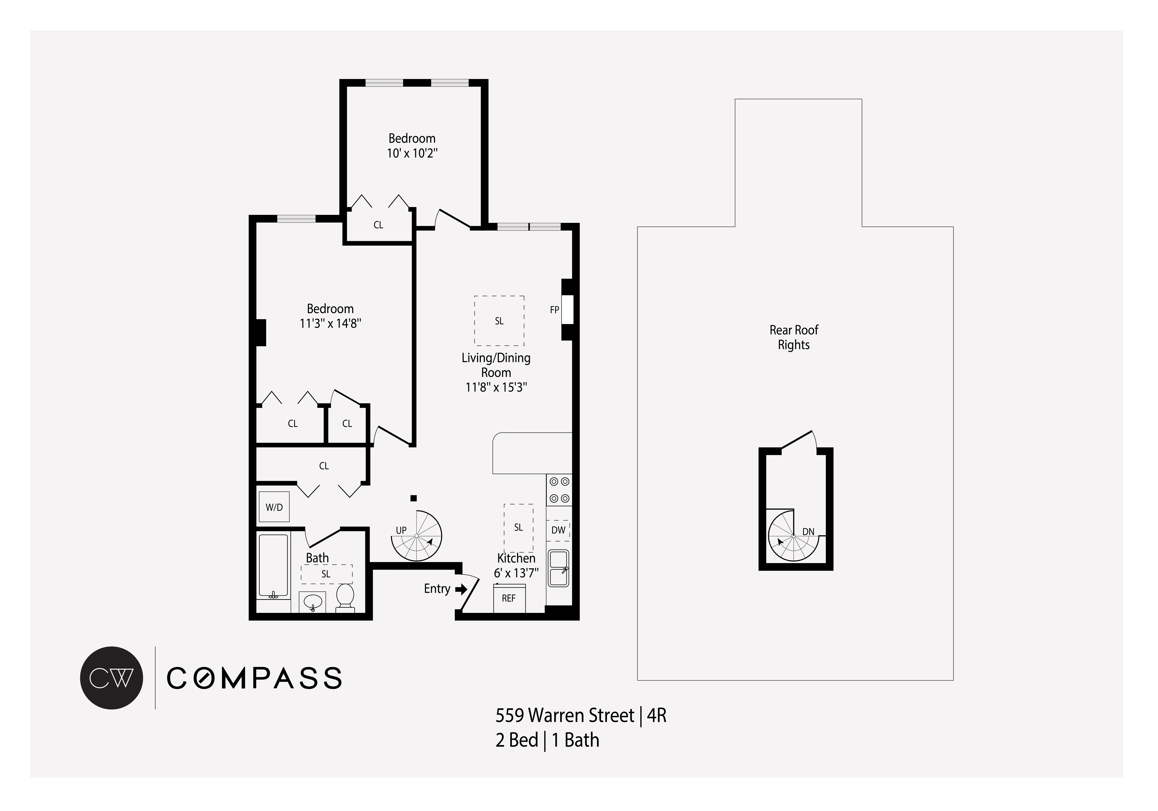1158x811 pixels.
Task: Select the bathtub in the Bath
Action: [273, 566]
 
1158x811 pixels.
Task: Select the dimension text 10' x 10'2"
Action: [412, 153]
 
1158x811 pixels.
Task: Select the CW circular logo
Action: [111, 678]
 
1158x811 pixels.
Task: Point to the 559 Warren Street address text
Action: [565, 716]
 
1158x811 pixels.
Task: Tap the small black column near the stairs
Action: [414, 498]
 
